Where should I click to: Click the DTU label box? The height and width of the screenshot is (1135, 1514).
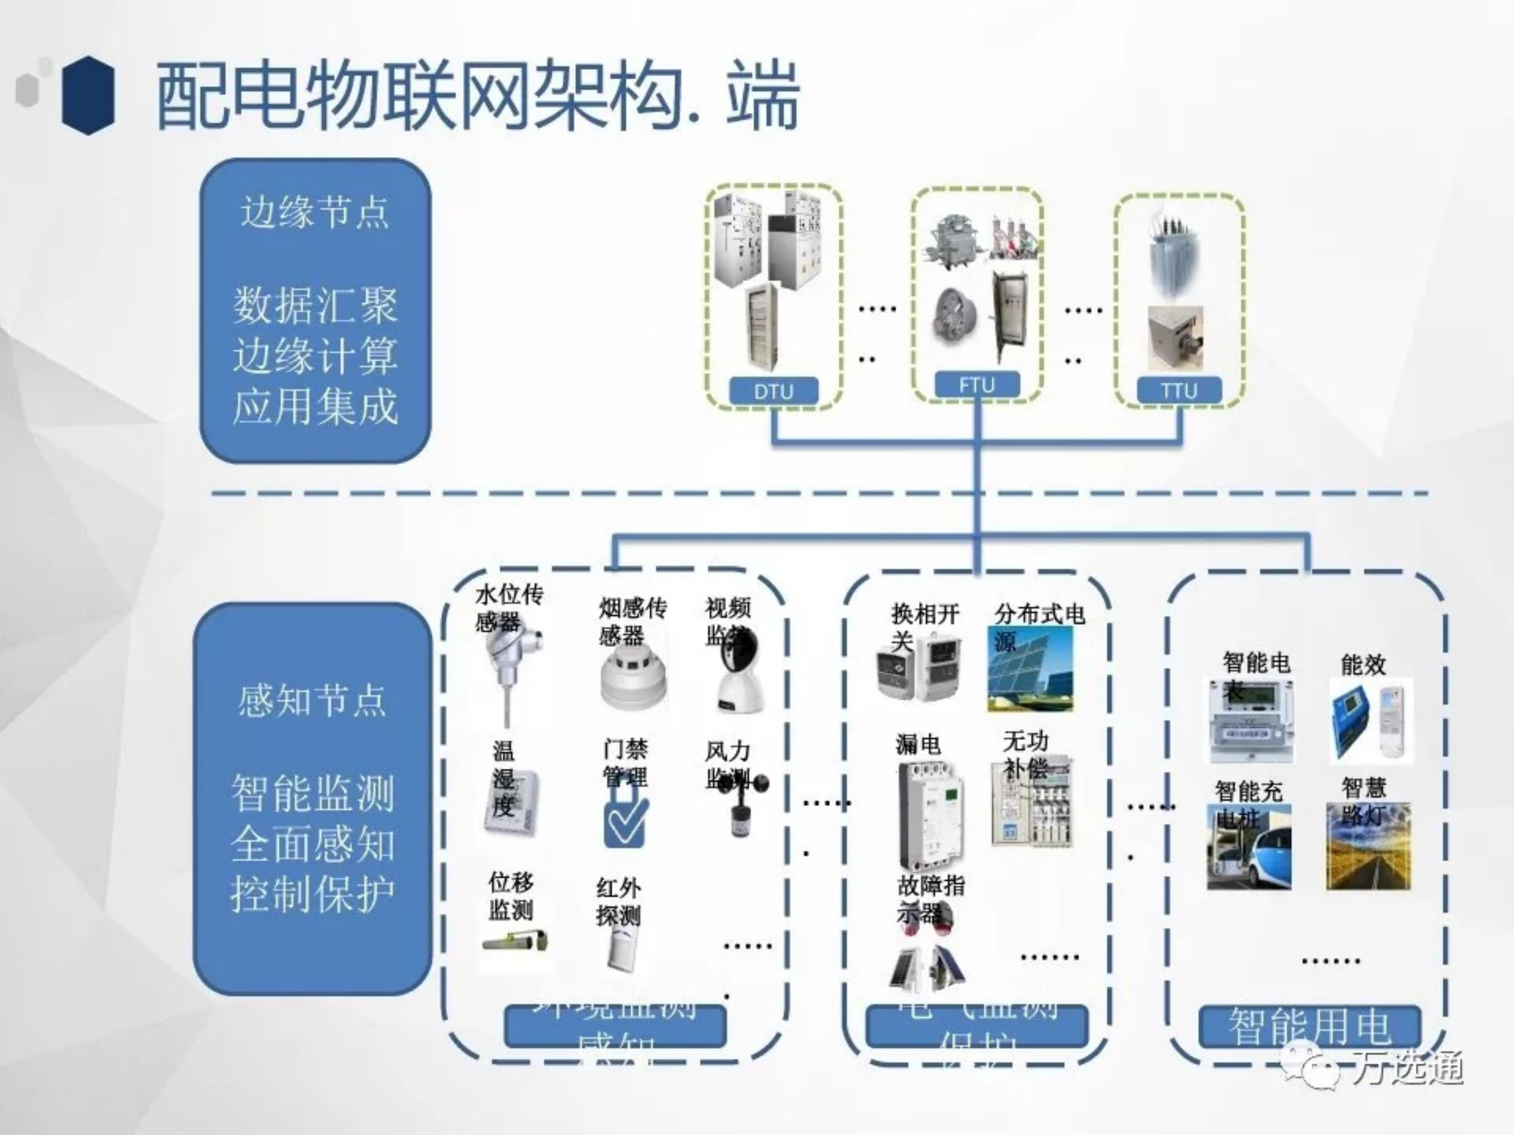coord(773,391)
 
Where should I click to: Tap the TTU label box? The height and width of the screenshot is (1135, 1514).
coord(1178,391)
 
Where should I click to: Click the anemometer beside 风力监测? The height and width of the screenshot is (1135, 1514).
coord(745,808)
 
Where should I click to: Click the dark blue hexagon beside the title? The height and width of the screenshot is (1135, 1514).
coord(88,95)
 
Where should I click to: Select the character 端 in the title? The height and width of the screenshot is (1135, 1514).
coord(762,96)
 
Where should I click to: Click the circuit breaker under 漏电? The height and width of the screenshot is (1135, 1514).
coord(931,814)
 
